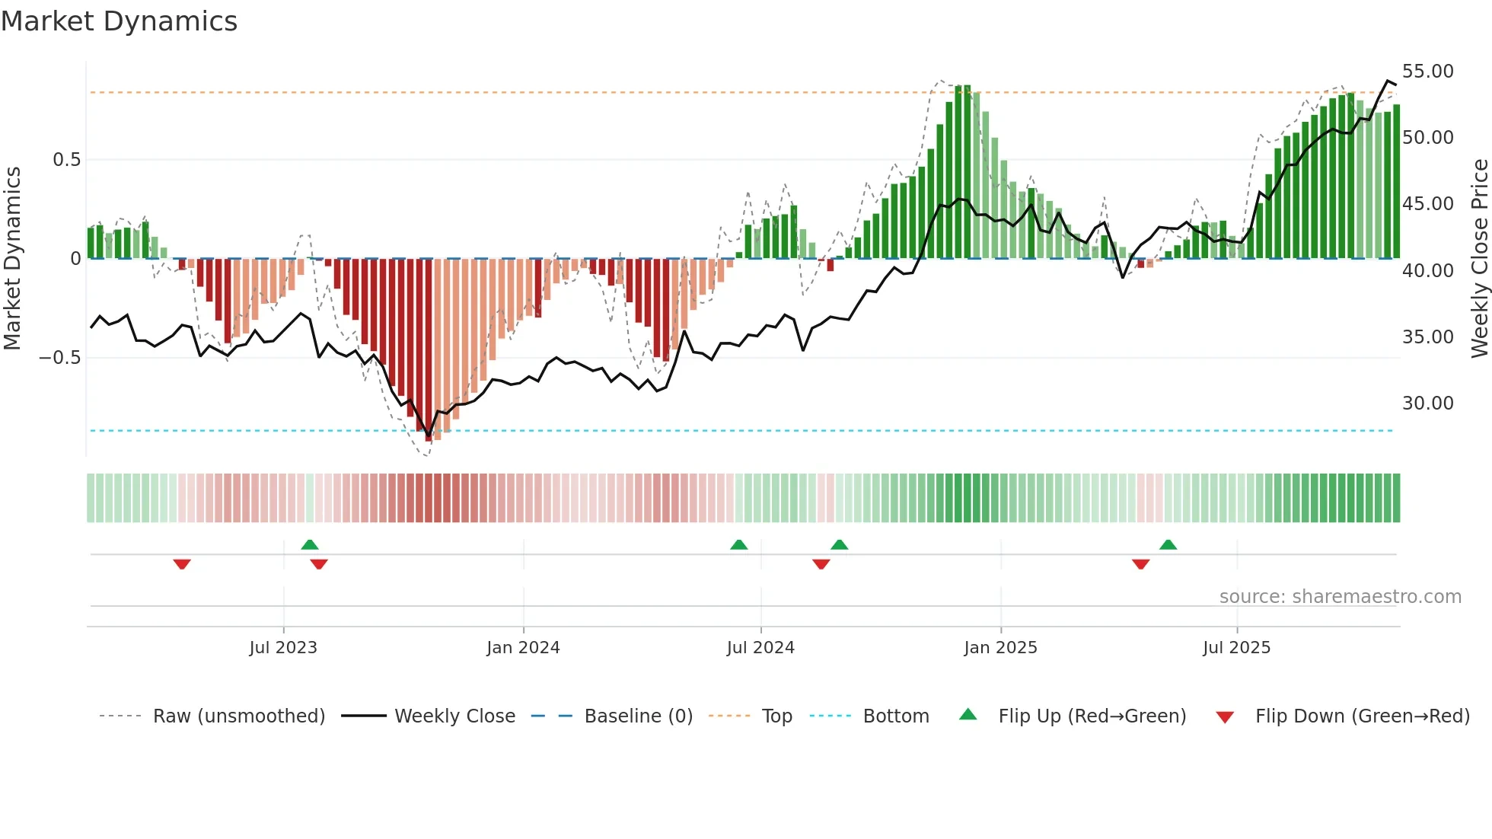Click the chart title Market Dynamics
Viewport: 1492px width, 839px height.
(119, 21)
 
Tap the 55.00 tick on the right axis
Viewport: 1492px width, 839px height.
(1427, 72)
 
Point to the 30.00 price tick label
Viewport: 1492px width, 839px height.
(1427, 404)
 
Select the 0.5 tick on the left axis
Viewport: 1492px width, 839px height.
(66, 160)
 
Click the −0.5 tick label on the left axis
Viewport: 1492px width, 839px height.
(60, 358)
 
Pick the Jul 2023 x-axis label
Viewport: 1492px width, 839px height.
(283, 648)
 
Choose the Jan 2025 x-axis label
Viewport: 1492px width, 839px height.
(1000, 648)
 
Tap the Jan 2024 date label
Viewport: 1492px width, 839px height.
(523, 648)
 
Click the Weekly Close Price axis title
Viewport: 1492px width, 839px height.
(1479, 258)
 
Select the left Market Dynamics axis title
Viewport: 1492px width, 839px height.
(12, 258)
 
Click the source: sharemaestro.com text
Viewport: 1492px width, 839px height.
(1340, 597)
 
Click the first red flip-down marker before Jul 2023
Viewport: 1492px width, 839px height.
(182, 564)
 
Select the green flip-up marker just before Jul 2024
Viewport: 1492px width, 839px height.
(738, 544)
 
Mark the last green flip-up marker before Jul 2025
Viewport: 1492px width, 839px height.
(1168, 544)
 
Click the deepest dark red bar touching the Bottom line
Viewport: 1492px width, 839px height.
(429, 350)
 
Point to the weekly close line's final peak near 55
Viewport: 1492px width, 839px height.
(1388, 81)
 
